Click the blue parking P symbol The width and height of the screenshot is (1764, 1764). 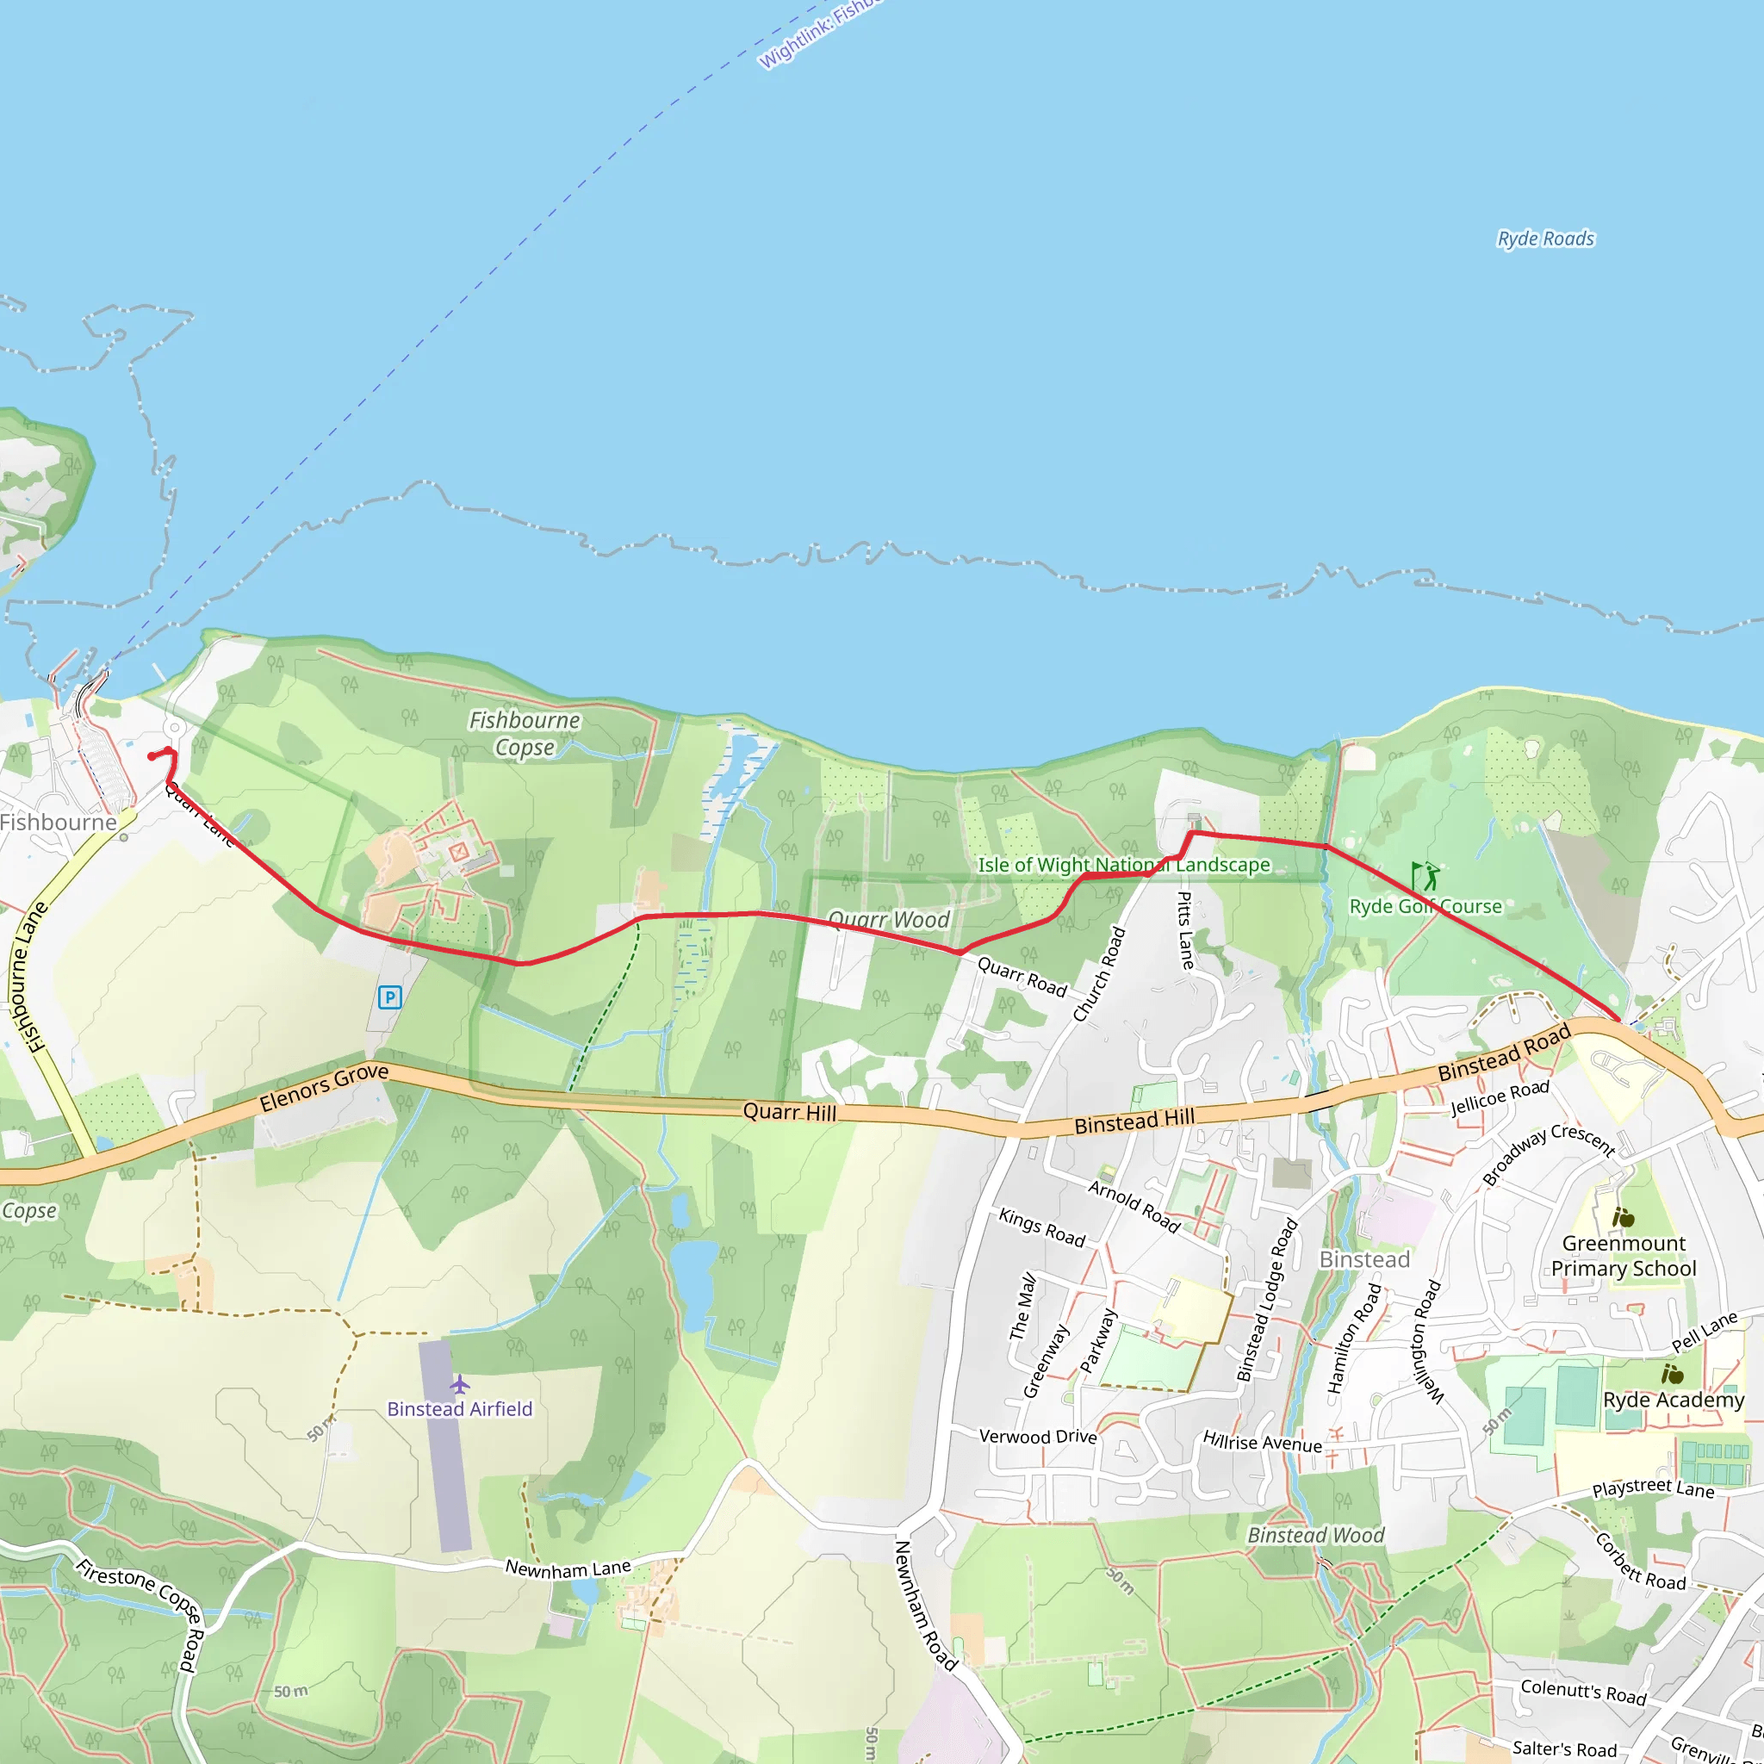point(390,997)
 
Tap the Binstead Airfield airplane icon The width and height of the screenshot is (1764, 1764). point(459,1385)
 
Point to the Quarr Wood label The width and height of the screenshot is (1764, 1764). point(888,919)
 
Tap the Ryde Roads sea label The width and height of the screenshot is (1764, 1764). point(1546,239)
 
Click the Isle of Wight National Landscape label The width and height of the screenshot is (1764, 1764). point(1123,865)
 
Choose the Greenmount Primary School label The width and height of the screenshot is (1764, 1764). point(1624,1256)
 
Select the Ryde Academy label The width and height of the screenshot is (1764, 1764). point(1674,1400)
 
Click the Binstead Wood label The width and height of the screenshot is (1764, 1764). point(1316,1535)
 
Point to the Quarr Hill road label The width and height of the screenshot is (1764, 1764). point(789,1111)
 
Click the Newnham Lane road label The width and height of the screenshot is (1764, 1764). point(568,1568)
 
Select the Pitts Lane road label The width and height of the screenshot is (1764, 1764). point(1185,929)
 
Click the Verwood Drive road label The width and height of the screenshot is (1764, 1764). point(1037,1436)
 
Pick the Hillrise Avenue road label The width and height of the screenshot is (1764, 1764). point(1262,1442)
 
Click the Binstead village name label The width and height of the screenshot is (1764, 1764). point(1364,1260)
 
